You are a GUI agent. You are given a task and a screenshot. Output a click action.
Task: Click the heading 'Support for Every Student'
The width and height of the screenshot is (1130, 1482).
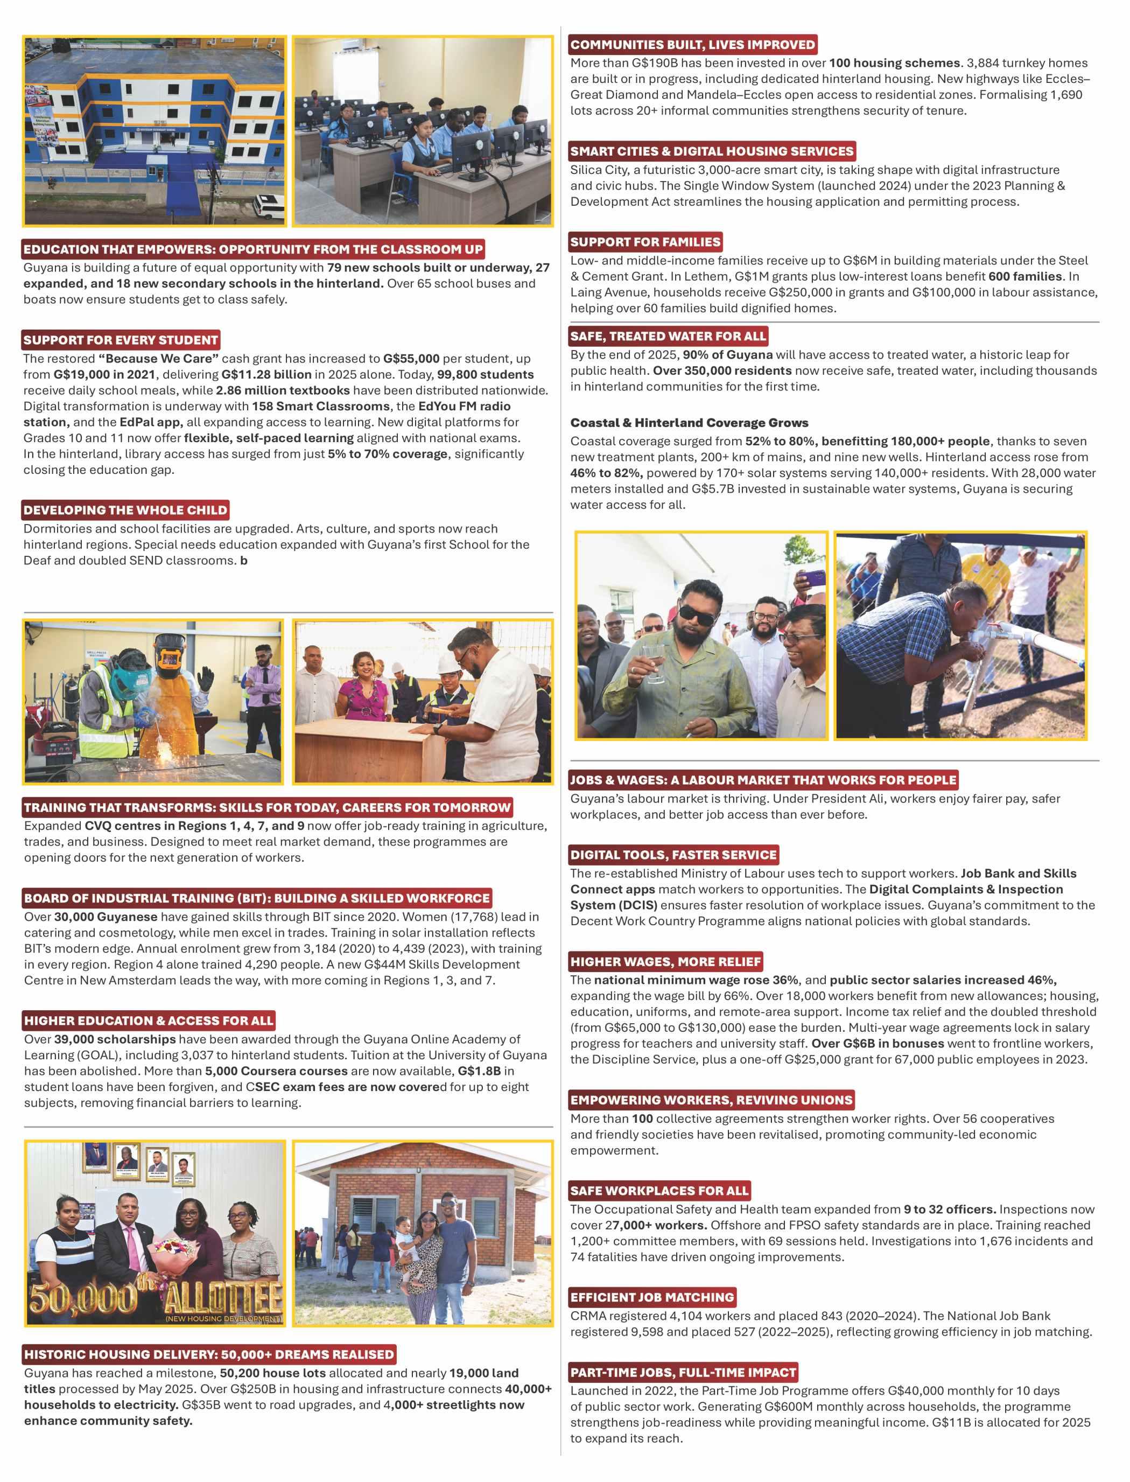[x=121, y=340]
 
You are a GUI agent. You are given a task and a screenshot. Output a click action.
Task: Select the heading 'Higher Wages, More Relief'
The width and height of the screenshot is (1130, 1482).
[x=666, y=961]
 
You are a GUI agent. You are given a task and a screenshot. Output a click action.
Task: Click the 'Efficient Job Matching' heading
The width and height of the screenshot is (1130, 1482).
[x=652, y=1297]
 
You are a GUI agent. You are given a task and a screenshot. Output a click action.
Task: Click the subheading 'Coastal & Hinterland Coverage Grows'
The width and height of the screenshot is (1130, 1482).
[x=689, y=423]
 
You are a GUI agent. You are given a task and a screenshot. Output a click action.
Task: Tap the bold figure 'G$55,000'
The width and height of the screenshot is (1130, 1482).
[x=411, y=359]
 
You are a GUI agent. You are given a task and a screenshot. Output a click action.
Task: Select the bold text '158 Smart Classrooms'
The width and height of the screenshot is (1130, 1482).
[x=321, y=407]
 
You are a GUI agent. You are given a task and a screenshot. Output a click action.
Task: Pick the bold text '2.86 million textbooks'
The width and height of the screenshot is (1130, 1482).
[x=283, y=390]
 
